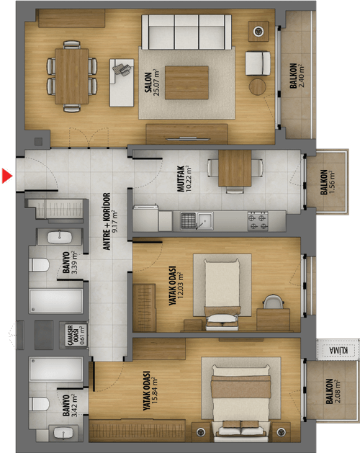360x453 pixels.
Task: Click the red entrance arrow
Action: [7, 176]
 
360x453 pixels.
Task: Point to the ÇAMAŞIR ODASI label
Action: [73, 334]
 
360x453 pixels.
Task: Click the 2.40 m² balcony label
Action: [297, 76]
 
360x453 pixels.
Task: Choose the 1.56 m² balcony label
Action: [327, 182]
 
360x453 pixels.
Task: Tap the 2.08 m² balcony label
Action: [333, 391]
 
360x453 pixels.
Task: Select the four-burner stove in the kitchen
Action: [258, 221]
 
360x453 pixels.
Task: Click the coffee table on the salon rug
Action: [186, 83]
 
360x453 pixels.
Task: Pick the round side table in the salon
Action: [258, 86]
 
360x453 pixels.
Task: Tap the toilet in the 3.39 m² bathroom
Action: [39, 264]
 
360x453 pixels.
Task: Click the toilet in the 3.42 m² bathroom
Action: [39, 403]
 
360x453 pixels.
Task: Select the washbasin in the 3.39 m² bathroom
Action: [59, 238]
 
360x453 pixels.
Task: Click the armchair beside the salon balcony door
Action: [258, 63]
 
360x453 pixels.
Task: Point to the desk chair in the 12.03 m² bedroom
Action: [274, 302]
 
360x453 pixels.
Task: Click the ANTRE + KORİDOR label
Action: [110, 221]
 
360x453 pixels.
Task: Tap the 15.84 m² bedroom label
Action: [150, 391]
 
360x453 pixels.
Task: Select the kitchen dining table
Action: [235, 168]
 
